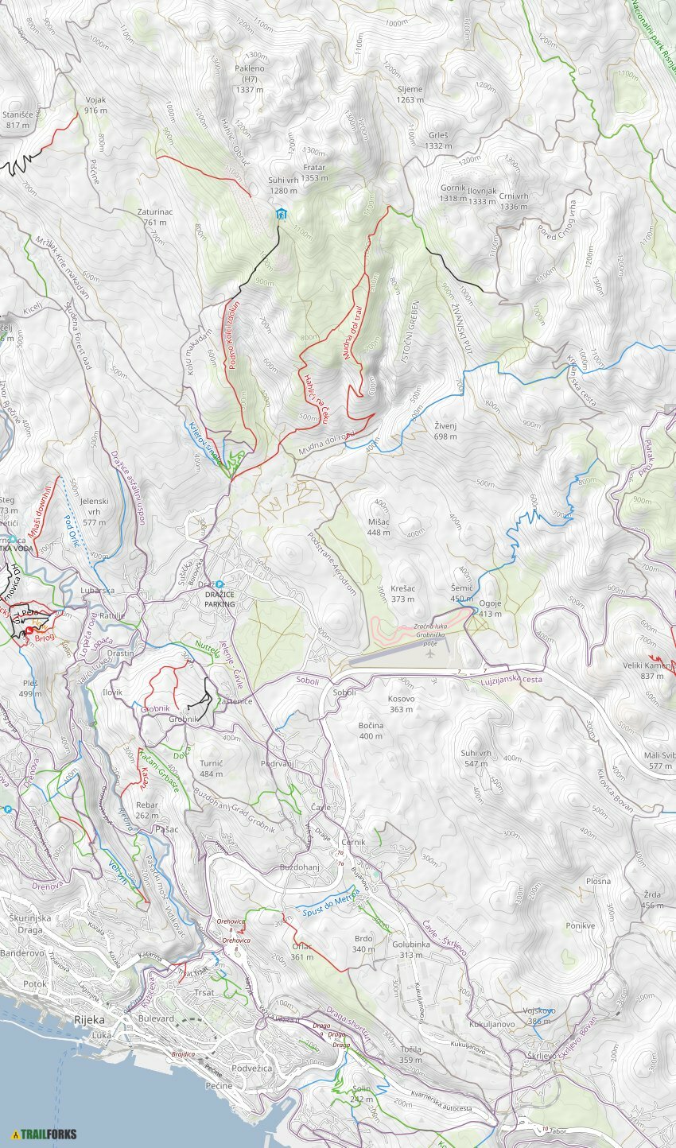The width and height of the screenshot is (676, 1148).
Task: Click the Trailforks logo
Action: click(45, 1134)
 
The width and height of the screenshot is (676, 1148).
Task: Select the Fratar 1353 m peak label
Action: click(314, 173)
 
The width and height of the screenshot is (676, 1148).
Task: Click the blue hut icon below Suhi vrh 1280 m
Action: click(281, 215)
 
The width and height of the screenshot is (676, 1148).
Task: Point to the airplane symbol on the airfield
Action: click(430, 654)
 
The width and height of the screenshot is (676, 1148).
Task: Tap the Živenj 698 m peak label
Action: click(446, 431)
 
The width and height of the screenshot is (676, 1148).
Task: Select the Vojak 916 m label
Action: click(95, 105)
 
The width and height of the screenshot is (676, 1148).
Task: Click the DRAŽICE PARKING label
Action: click(219, 599)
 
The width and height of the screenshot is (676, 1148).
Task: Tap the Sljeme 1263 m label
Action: click(410, 95)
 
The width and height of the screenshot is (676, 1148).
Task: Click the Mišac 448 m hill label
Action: click(379, 527)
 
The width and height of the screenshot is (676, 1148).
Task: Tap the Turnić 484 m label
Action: click(212, 768)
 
